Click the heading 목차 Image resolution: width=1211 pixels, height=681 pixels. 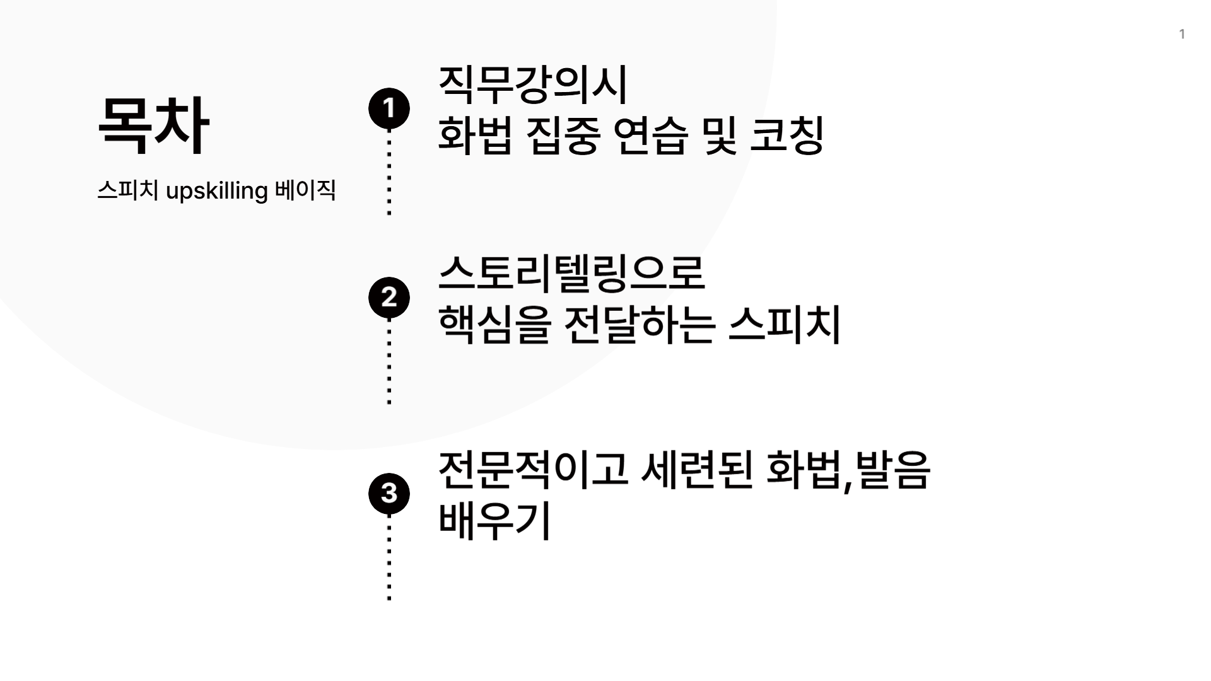click(x=153, y=125)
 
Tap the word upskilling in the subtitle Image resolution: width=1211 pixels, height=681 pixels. click(x=216, y=190)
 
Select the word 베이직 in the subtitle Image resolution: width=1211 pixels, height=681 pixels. click(x=305, y=190)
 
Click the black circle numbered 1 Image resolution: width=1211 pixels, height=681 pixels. click(x=389, y=108)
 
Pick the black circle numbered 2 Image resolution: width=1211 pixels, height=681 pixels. click(x=389, y=297)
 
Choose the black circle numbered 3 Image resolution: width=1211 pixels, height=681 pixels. click(x=389, y=493)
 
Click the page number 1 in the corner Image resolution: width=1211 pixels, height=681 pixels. click(x=1182, y=34)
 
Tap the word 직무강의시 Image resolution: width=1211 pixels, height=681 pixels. click(x=533, y=84)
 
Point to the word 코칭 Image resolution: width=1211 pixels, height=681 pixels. click(x=787, y=136)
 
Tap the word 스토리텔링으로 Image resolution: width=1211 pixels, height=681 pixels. click(x=571, y=274)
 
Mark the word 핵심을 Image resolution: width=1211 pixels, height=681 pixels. click(x=494, y=325)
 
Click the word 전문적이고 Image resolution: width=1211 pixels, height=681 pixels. click(x=533, y=470)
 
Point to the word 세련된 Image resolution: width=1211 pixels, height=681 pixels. click(x=696, y=470)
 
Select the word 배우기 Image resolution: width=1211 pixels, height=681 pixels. click(x=494, y=521)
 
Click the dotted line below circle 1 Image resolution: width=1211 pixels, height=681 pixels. click(x=389, y=173)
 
